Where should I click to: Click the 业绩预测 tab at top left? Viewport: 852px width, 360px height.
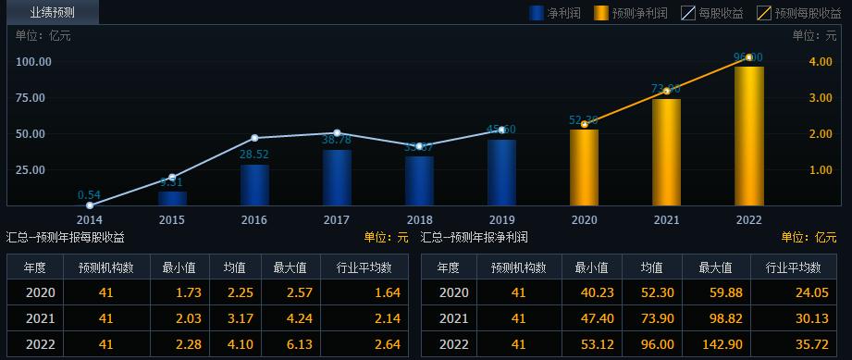coord(52,12)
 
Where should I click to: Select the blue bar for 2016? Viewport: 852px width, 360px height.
coord(254,185)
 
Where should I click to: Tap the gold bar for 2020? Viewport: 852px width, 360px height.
coord(584,168)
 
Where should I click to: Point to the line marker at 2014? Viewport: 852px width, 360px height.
coord(90,205)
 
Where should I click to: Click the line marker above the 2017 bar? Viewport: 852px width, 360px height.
coord(337,133)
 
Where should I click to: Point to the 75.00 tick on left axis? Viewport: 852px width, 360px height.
coord(33,97)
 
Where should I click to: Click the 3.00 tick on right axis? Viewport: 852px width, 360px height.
coord(820,97)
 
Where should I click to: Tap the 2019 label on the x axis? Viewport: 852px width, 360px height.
coord(501,219)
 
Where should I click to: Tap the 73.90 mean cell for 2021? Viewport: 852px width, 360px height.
coord(656,318)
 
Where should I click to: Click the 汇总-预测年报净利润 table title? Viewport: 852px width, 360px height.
coord(475,238)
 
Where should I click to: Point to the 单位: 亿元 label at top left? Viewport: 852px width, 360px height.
coord(43,35)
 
